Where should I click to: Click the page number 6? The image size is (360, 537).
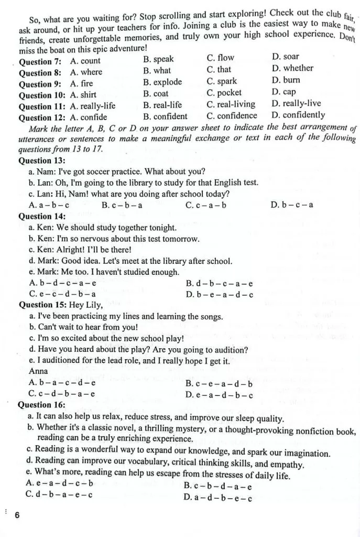point(17,514)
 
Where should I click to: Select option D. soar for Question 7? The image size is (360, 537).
point(286,56)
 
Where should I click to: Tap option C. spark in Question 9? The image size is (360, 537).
point(222,81)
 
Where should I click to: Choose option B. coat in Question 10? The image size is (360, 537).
point(156,94)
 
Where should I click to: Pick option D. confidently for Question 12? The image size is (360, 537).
point(298,115)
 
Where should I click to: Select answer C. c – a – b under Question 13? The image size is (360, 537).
point(206,205)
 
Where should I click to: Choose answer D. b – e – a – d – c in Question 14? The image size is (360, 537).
point(220,294)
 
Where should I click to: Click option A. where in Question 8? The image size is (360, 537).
point(86,72)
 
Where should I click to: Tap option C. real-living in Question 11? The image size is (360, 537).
point(231,104)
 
